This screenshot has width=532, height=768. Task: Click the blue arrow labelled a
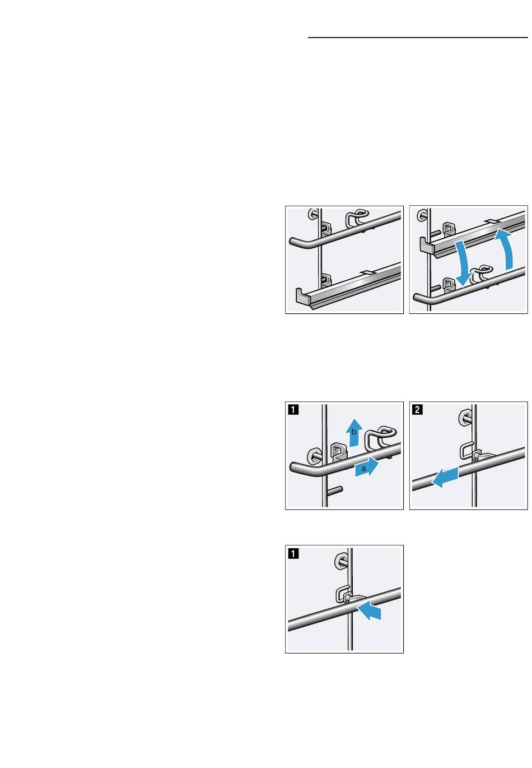(x=366, y=468)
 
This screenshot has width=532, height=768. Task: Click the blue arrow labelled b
(x=354, y=433)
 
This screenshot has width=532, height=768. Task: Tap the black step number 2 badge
(x=417, y=409)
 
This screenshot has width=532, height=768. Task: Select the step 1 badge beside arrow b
(x=293, y=409)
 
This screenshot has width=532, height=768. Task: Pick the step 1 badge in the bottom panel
(x=293, y=553)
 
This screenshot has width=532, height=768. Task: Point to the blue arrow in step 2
(x=445, y=477)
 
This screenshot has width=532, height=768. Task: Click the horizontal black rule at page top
(x=418, y=38)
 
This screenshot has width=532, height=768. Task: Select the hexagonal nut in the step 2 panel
(x=465, y=417)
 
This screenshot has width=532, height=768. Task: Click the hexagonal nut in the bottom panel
(x=341, y=562)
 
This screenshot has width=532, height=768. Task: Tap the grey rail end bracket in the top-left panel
(x=303, y=296)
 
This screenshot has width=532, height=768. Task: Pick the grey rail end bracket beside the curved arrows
(x=427, y=246)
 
